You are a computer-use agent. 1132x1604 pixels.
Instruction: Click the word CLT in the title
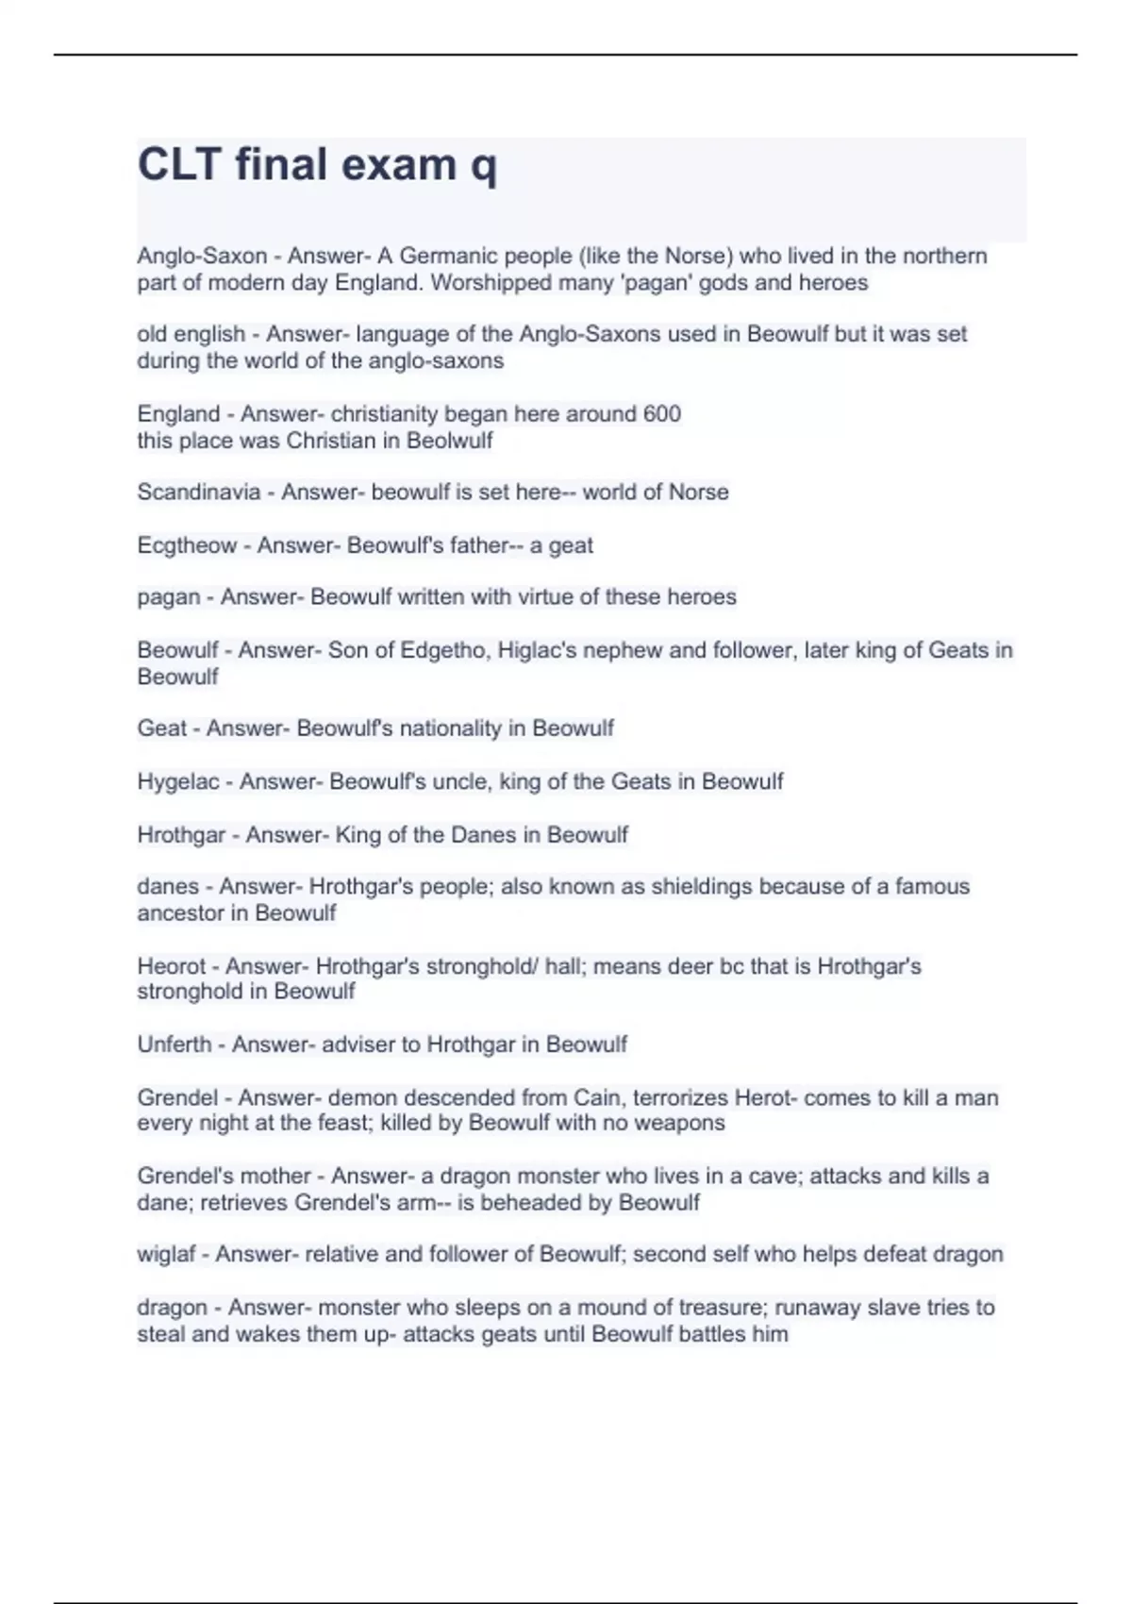click(178, 164)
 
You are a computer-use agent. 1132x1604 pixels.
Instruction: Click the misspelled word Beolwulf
click(449, 441)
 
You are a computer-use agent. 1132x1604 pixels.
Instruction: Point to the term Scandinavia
click(198, 492)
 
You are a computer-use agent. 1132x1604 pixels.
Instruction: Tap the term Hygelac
click(177, 781)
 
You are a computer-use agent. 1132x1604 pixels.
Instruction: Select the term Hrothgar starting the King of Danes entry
click(181, 835)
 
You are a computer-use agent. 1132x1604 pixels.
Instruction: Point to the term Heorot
click(171, 966)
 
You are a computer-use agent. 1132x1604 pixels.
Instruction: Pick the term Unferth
click(175, 1044)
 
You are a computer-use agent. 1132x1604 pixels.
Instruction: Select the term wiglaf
click(166, 1254)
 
